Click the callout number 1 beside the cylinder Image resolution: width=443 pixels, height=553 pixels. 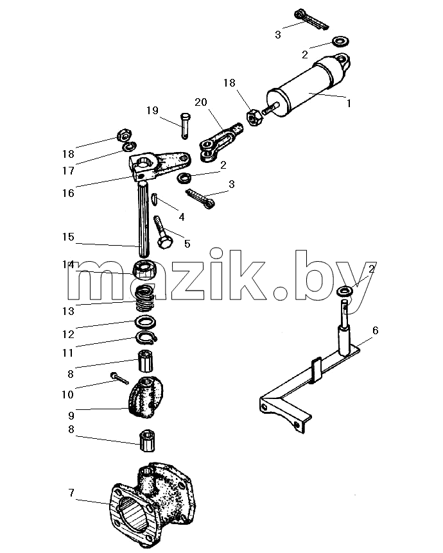coord(349,103)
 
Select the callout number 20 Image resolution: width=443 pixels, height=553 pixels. coord(201,102)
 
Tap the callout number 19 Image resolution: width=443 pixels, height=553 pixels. coord(153,110)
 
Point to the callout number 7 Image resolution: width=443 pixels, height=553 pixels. coord(72,492)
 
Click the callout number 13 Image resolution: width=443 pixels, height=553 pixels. coord(68,311)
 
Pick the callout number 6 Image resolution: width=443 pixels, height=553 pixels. coord(375,330)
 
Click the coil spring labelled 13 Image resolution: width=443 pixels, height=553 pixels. coord(146,298)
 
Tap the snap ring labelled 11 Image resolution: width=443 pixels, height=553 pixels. coord(146,337)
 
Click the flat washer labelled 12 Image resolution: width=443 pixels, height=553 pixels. coord(146,321)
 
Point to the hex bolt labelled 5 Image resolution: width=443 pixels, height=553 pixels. coord(162,232)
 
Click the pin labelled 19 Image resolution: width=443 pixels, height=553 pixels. coord(186,126)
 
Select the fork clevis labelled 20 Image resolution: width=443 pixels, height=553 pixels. coord(221,142)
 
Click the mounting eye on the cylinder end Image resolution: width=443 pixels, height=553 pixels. coord(342,60)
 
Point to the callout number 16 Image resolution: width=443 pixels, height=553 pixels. coord(68,193)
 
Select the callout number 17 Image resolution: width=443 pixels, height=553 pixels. coord(68,171)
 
